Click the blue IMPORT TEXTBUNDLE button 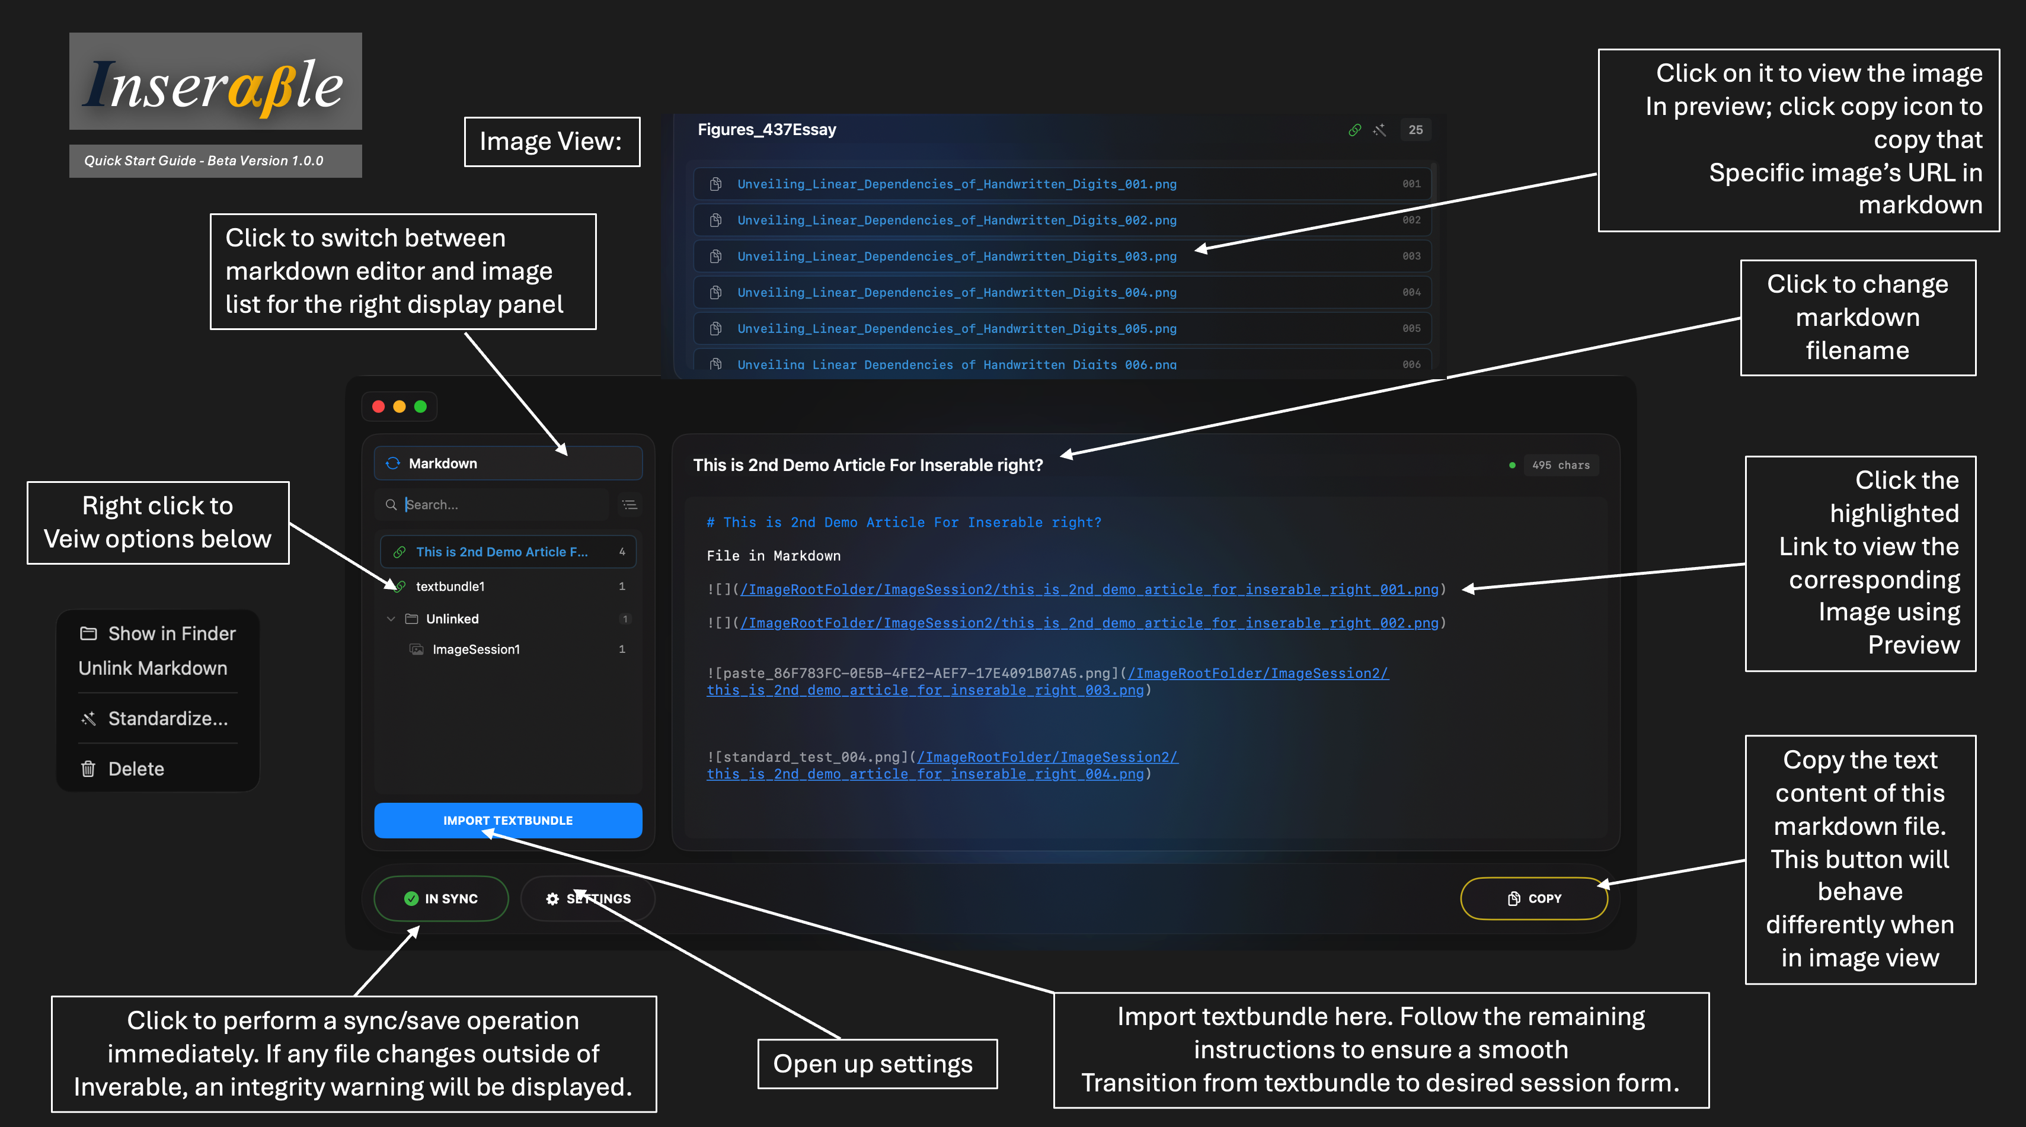tap(507, 820)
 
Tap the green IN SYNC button tap(441, 898)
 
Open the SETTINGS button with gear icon tap(588, 898)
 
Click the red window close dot tap(378, 406)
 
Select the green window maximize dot tap(421, 406)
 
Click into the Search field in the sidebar tap(503, 505)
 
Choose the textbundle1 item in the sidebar tap(450, 587)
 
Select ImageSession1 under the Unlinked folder tap(476, 649)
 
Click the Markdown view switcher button tap(507, 463)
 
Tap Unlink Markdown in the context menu tap(152, 668)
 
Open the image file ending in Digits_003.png tap(956, 257)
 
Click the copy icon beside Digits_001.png tap(715, 184)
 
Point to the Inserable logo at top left tap(216, 82)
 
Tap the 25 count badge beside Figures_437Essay tap(1415, 130)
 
